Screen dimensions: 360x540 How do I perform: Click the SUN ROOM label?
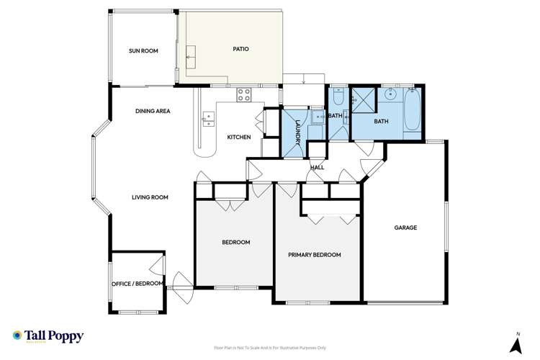click(143, 50)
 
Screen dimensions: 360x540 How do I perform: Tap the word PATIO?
click(240, 49)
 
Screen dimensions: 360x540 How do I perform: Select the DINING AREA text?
click(153, 111)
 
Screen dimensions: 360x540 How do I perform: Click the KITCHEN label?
click(239, 137)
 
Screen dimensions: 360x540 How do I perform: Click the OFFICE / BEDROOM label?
click(138, 283)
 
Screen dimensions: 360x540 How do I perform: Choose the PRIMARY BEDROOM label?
click(314, 255)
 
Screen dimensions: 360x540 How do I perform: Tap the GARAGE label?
click(405, 228)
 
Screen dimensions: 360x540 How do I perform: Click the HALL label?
click(317, 167)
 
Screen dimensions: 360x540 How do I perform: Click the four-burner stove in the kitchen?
click(243, 92)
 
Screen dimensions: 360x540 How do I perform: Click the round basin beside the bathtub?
click(392, 94)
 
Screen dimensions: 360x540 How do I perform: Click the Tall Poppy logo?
click(48, 336)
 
